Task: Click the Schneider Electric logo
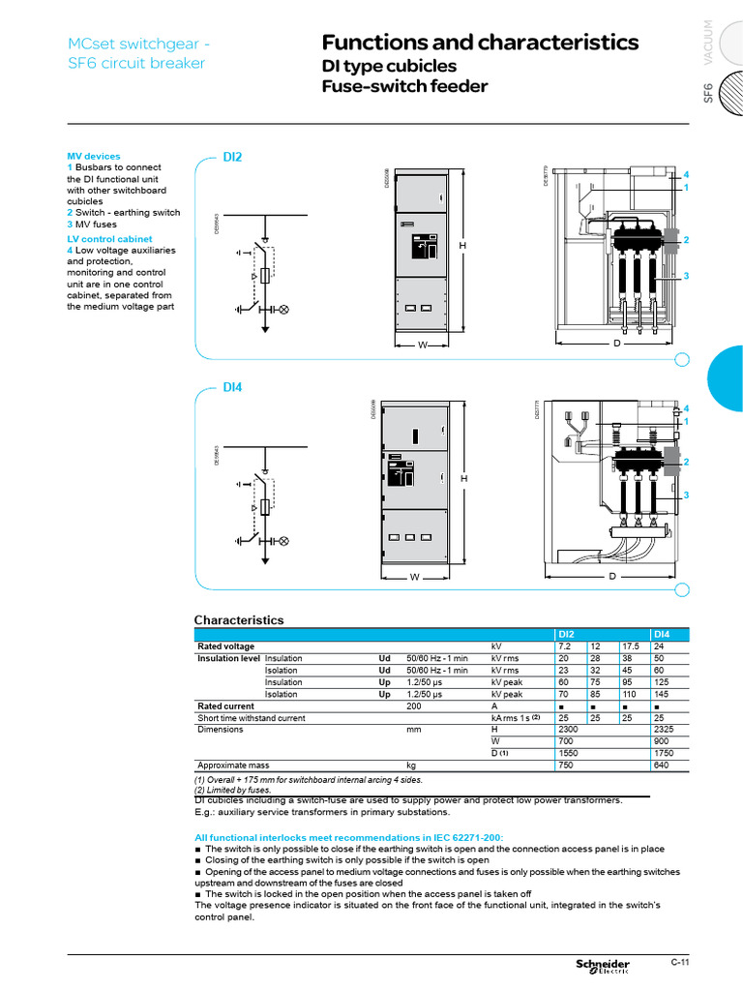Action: click(x=603, y=966)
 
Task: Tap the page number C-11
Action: click(x=679, y=962)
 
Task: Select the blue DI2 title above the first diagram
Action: click(x=232, y=156)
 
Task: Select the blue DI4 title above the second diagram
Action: click(x=232, y=387)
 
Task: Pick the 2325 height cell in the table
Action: click(x=668, y=730)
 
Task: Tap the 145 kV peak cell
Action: click(x=665, y=694)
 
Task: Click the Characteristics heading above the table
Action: click(x=239, y=619)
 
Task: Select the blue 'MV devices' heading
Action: click(x=94, y=156)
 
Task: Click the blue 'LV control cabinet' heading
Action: click(x=109, y=238)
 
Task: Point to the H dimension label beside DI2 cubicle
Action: click(x=462, y=246)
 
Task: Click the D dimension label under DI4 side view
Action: click(x=611, y=577)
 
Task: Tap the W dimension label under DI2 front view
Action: click(x=422, y=345)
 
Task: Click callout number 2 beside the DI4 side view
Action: click(x=686, y=463)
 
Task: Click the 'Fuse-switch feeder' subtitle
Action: click(x=404, y=87)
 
